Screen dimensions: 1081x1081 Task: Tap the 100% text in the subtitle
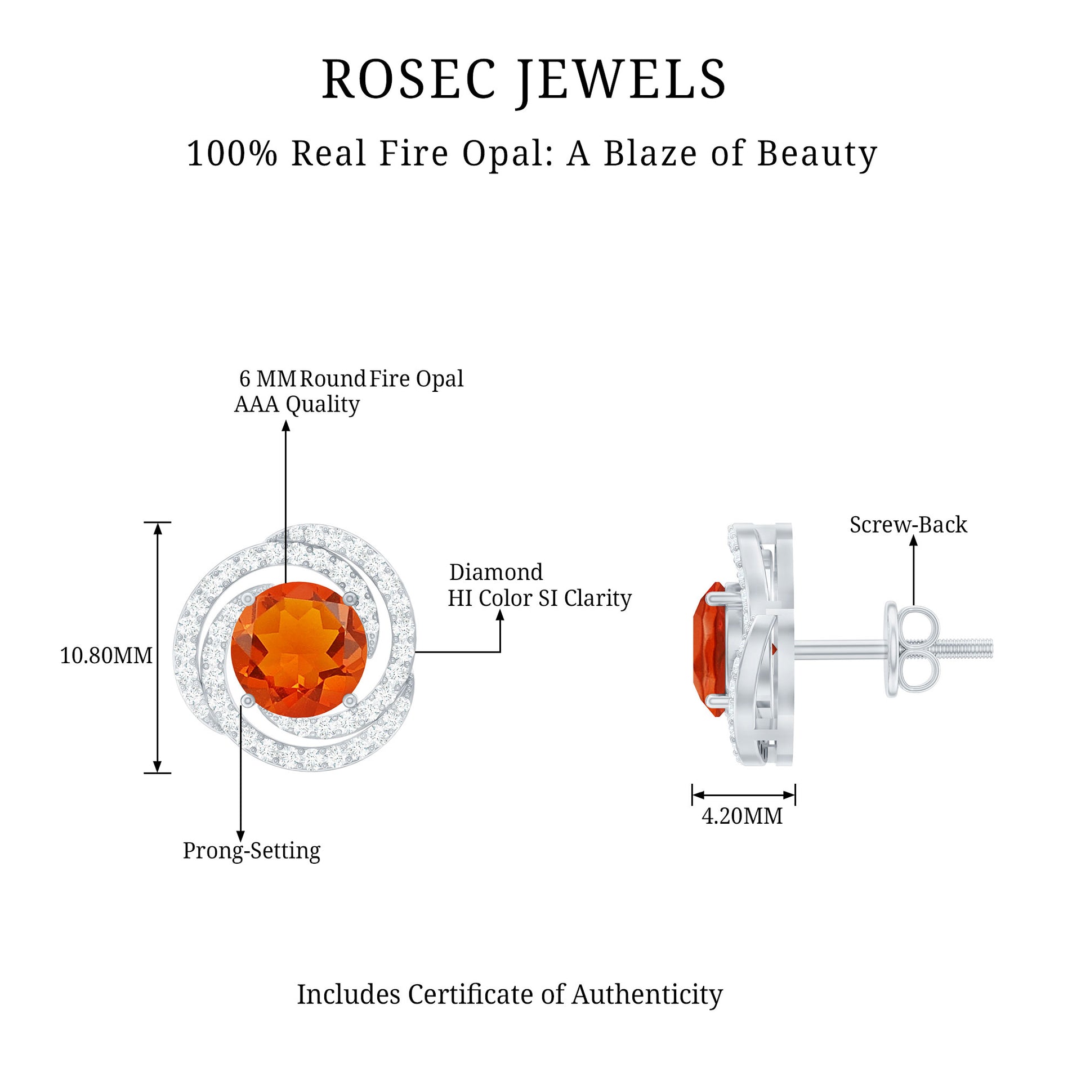[x=232, y=154]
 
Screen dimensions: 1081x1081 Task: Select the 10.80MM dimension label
[x=106, y=655]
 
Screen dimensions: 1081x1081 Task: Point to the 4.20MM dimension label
[x=742, y=816]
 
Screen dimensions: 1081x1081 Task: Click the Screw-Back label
[x=908, y=525]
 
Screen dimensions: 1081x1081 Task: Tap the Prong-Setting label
[x=252, y=851]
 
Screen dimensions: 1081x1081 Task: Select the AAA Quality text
[x=297, y=404]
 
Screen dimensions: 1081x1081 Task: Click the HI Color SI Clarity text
[x=539, y=598]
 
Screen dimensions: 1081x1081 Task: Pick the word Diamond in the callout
[x=496, y=572]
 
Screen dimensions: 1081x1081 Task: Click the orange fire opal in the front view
[x=298, y=647]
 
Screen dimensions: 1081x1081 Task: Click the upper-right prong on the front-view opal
[x=350, y=597]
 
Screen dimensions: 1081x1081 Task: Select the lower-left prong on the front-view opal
[x=247, y=700]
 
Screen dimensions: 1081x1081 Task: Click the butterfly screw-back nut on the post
[x=915, y=649]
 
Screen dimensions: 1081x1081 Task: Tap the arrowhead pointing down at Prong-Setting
[x=240, y=836]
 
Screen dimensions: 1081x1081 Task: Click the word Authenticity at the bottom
[x=647, y=994]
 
